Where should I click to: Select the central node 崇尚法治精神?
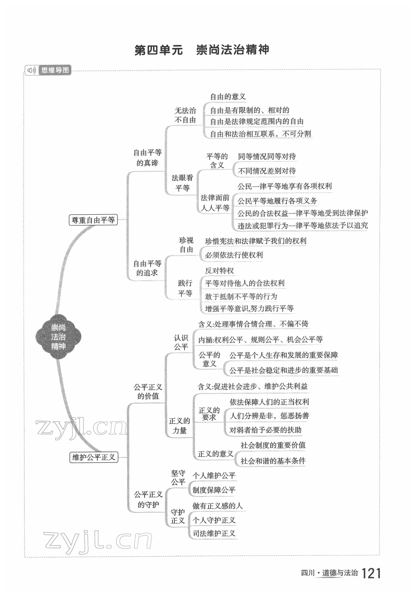tap(58, 337)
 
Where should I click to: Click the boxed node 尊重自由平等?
tap(93, 220)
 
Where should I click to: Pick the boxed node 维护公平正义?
tap(94, 457)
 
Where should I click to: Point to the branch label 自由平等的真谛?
tap(147, 158)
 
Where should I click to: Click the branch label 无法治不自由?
tap(185, 115)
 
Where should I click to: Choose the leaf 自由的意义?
tap(228, 97)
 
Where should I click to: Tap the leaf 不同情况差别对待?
tap(267, 171)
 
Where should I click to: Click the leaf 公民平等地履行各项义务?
tap(277, 201)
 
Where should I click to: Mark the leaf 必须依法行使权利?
tap(234, 255)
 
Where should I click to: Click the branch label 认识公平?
tap(181, 342)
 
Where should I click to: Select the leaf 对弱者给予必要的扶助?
tap(265, 430)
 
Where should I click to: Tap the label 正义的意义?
tap(215, 454)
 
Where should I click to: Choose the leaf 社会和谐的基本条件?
tap(273, 461)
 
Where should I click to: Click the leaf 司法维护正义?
tap(214, 533)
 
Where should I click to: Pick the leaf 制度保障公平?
tap(214, 490)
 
